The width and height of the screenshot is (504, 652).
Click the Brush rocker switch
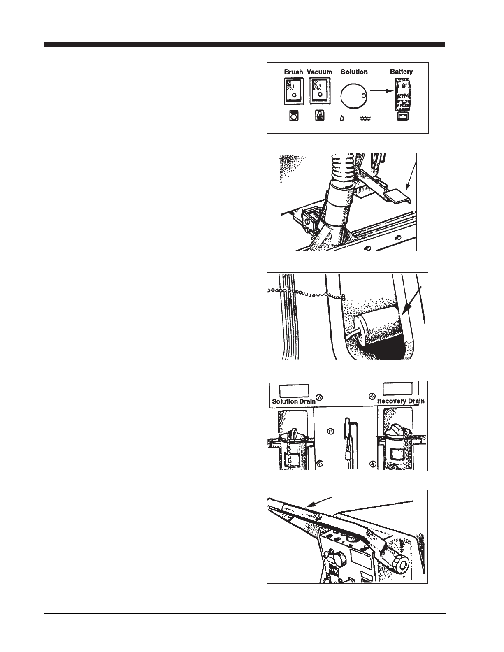pos(294,91)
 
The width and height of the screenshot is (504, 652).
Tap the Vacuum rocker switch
pos(320,91)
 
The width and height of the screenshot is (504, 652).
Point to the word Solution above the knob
pos(354,72)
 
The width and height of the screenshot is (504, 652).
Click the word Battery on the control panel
pos(402,72)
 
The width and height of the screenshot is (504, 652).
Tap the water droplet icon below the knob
pos(342,118)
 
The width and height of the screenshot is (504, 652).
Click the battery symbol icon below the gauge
pos(402,116)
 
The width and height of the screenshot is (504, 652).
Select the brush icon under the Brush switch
pos(294,116)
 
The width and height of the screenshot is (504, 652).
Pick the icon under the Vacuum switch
pos(319,116)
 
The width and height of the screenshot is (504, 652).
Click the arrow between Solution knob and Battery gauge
pos(381,92)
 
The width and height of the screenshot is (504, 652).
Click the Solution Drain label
pos(293,401)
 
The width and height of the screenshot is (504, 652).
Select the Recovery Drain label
pos(400,401)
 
